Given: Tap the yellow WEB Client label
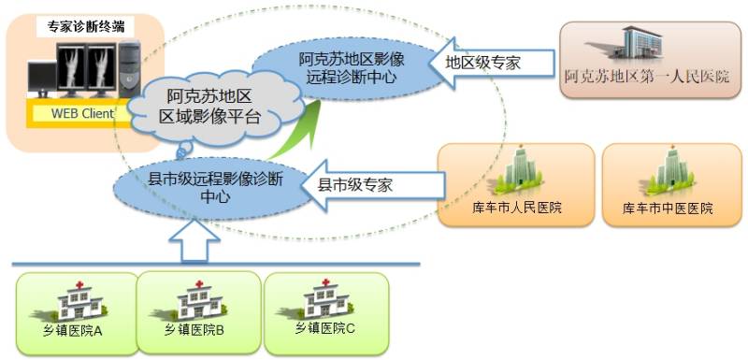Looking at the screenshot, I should pyautogui.click(x=76, y=114).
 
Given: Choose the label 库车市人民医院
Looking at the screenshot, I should pyautogui.click(x=517, y=208).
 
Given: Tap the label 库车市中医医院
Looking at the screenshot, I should pyautogui.click(x=668, y=208).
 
